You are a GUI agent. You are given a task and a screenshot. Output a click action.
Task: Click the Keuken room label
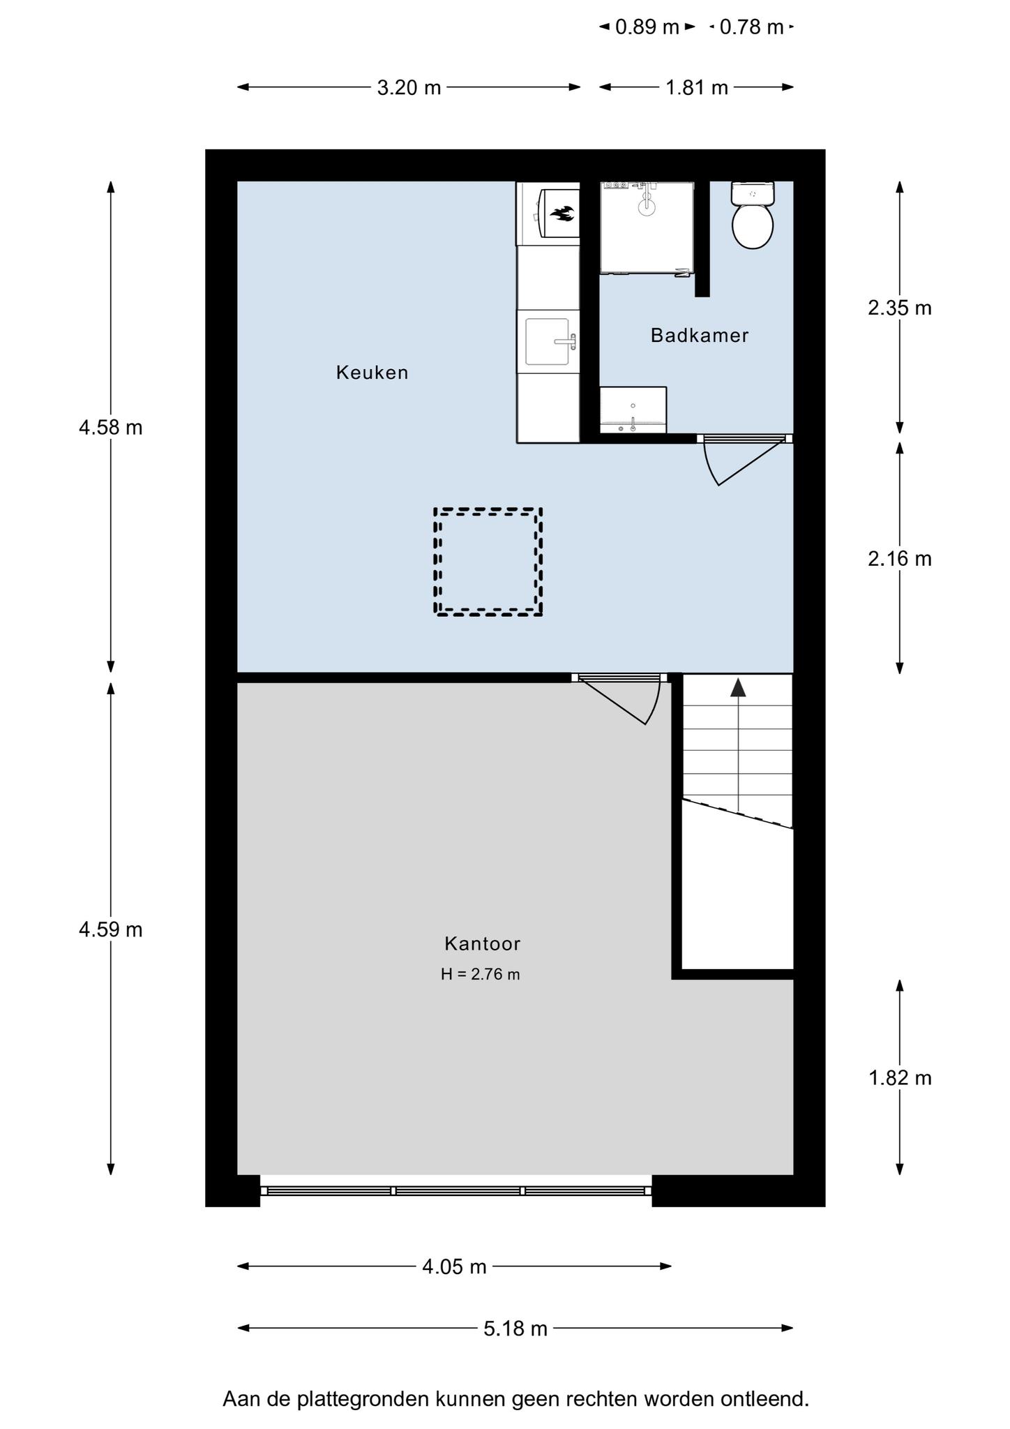click(372, 373)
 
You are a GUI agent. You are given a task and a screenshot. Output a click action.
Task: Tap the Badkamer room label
click(700, 336)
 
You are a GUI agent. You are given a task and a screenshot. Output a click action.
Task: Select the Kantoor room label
click(483, 944)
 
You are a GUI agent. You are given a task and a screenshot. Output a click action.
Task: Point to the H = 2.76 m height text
click(481, 974)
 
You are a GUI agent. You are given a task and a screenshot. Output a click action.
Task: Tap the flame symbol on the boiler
click(562, 214)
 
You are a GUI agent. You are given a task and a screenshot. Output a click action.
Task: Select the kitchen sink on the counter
click(548, 341)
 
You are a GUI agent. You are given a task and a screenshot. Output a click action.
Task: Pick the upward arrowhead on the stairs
click(738, 687)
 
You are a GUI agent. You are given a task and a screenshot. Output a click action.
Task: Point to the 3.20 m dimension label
click(409, 87)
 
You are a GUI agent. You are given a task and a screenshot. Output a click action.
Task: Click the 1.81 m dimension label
click(697, 87)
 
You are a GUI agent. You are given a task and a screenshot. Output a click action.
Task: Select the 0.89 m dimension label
click(647, 27)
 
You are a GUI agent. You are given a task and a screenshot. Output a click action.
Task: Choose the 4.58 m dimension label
click(111, 427)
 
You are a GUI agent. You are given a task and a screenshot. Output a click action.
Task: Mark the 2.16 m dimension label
click(900, 559)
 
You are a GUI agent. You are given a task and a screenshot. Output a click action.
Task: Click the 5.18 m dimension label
click(515, 1329)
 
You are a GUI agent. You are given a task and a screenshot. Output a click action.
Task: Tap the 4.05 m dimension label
click(454, 1266)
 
